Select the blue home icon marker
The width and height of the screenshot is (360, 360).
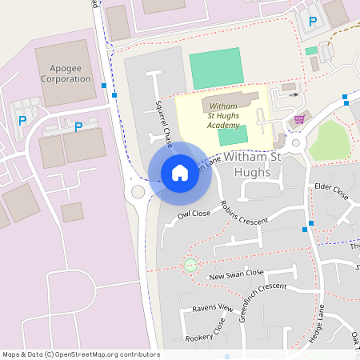click(x=180, y=172)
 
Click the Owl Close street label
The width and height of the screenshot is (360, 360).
click(x=194, y=214)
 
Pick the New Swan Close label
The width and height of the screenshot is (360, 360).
click(x=236, y=274)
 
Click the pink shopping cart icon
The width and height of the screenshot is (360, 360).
click(x=299, y=119)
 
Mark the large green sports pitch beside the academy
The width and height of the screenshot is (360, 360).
click(x=216, y=69)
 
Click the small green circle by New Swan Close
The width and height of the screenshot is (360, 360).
click(x=190, y=264)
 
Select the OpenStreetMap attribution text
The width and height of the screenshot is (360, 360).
click(x=81, y=354)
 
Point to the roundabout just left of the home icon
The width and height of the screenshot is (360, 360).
click(x=138, y=192)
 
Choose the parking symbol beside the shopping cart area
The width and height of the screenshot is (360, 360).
click(x=312, y=22)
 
